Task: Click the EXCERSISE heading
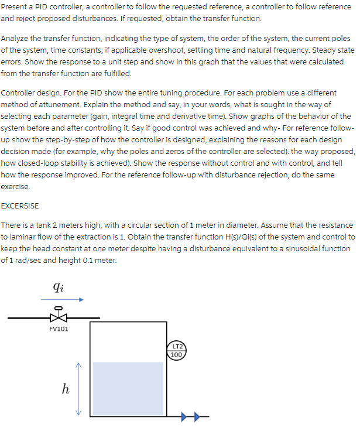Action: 20,206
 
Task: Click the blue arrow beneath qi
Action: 63,300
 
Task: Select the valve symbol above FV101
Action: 57,317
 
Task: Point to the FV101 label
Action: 59,329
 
